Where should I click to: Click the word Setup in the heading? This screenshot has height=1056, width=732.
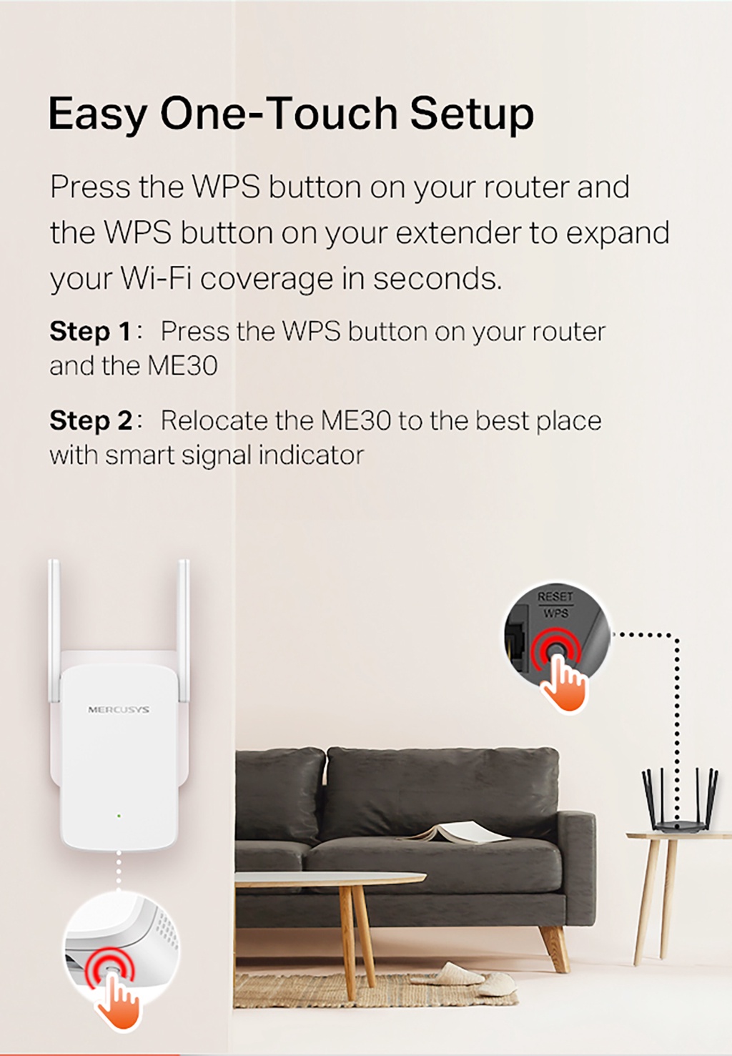[x=472, y=114]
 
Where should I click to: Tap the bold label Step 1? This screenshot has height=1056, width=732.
[x=90, y=332]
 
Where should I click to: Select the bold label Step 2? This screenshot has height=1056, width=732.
[x=90, y=421]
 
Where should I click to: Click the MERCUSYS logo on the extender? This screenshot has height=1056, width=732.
[x=119, y=710]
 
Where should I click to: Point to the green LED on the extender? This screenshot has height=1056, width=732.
[x=119, y=816]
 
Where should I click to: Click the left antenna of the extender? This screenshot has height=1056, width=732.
[x=54, y=629]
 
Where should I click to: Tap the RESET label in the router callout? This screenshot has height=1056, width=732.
[x=555, y=596]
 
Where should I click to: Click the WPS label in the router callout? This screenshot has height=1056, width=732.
[x=555, y=613]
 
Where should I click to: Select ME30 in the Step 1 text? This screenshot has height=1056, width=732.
[x=183, y=366]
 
